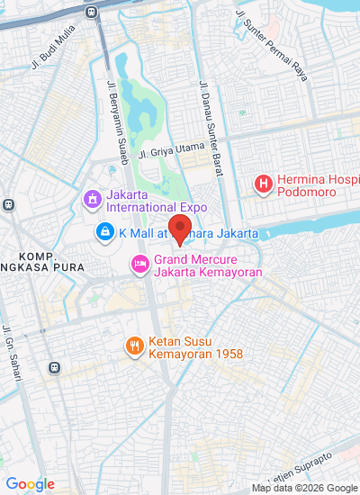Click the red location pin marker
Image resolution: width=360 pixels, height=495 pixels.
click(180, 229)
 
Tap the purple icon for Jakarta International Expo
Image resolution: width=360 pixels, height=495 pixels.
click(91, 198)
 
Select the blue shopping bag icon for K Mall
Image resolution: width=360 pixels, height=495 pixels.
click(105, 233)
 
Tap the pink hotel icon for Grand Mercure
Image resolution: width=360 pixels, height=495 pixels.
click(139, 264)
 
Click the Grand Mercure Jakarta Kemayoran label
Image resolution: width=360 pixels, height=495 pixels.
click(202, 271)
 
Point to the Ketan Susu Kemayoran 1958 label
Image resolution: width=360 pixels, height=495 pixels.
click(195, 355)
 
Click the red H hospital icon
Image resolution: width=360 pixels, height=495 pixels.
click(263, 184)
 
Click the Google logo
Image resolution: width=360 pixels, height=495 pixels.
click(30, 484)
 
